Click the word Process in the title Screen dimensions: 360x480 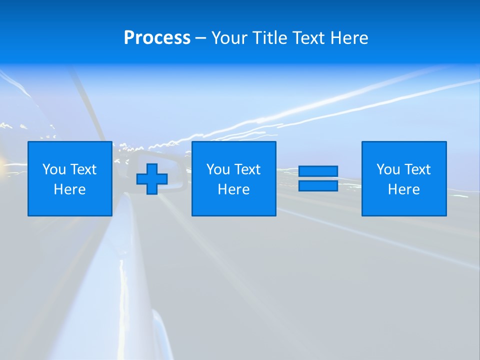coord(157,38)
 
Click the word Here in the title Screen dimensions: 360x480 coord(349,38)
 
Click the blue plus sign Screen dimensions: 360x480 coord(152,179)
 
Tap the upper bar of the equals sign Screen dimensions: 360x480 coord(318,171)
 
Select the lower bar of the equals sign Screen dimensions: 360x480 coord(318,185)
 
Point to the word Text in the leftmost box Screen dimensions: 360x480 coord(83,169)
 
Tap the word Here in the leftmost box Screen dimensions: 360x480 coord(70,189)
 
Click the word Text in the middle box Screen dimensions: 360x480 coord(247,169)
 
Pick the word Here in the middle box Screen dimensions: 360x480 coord(234,189)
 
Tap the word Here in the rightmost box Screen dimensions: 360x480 coord(404,189)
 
